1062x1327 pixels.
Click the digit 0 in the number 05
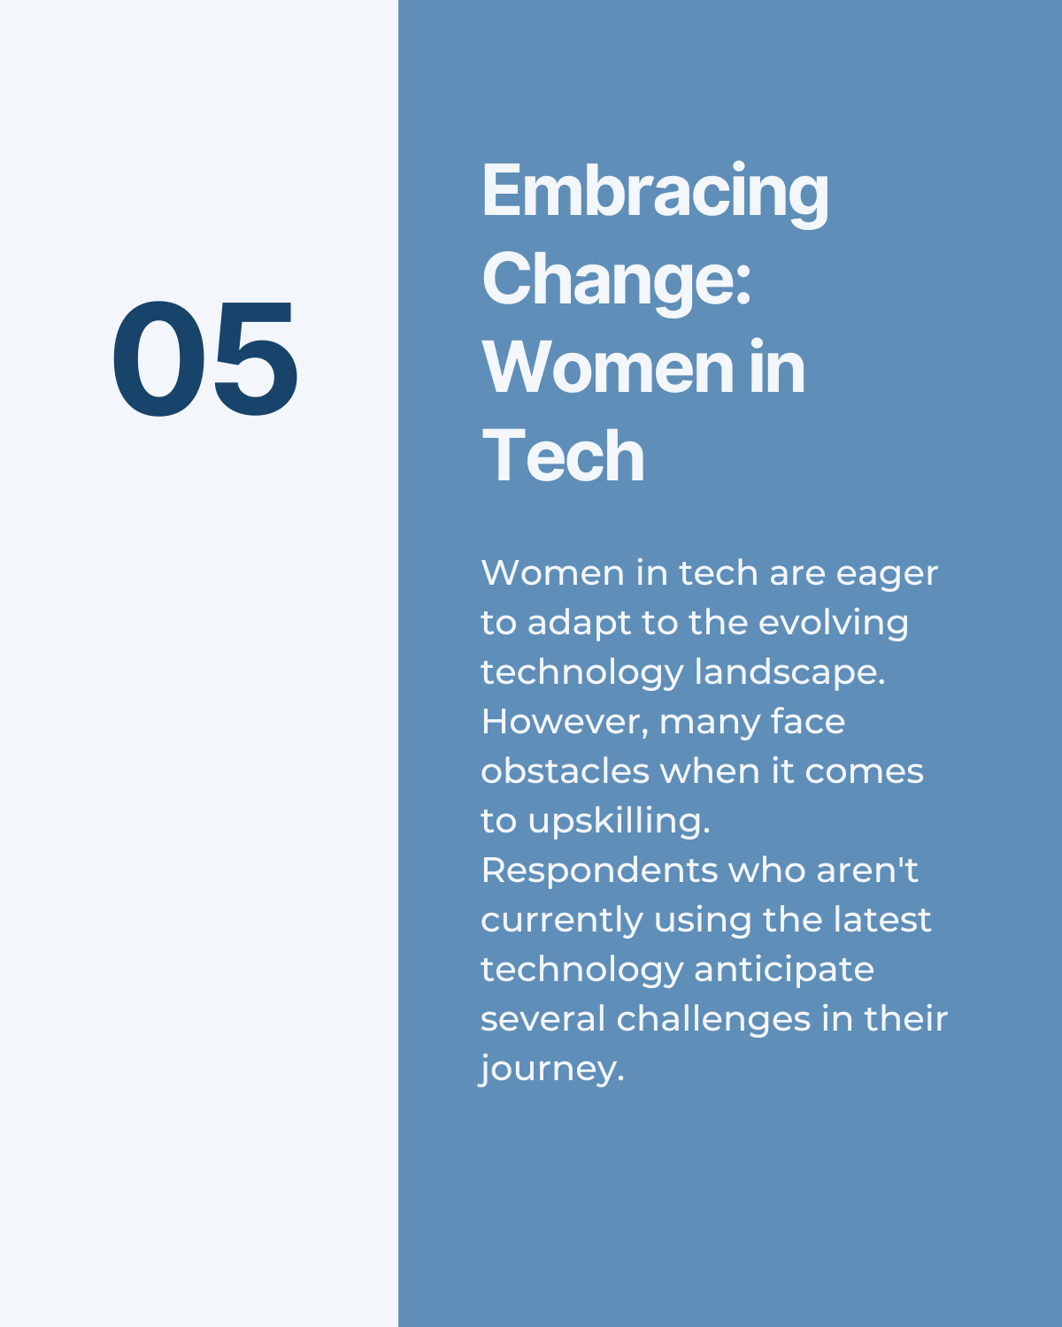click(x=159, y=358)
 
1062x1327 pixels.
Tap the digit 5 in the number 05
click(x=256, y=358)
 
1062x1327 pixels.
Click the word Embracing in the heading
click(x=655, y=193)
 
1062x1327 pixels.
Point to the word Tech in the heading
click(x=563, y=456)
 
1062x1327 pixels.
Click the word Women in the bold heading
click(x=608, y=367)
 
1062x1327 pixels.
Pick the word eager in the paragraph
click(x=887, y=576)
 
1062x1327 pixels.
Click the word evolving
click(x=833, y=625)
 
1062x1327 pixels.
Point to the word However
click(x=565, y=723)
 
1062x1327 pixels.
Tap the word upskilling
click(x=619, y=822)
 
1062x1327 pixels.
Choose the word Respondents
click(x=599, y=871)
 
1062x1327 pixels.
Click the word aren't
click(x=867, y=871)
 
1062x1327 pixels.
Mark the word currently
click(x=562, y=922)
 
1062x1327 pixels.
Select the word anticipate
click(x=784, y=970)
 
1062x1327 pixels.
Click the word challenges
click(x=713, y=1020)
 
